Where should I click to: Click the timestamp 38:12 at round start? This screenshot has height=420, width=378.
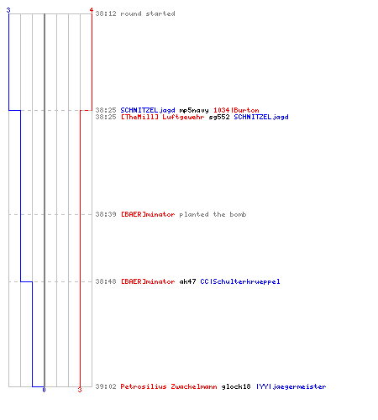coord(106,13)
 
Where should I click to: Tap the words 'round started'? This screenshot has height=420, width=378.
coord(148,13)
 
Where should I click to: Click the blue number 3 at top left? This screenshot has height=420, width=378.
coord(8,10)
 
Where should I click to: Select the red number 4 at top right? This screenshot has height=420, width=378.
coord(91,10)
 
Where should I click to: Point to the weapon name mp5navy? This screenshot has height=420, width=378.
coord(194,110)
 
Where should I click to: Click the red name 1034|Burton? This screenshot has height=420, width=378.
coord(236,110)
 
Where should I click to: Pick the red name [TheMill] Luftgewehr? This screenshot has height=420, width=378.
coord(162,117)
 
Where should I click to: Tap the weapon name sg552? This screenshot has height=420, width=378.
coord(219,117)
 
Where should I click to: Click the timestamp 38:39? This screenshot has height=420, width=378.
coord(106,214)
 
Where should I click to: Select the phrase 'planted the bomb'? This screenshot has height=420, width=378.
coord(213,214)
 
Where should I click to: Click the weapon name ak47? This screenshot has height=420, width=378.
coord(187,281)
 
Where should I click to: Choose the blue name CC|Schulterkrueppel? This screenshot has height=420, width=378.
coord(240,281)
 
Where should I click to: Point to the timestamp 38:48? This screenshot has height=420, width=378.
coord(106,281)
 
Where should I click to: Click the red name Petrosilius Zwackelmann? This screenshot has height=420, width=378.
coord(169,386)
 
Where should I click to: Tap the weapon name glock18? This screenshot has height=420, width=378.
coord(236,387)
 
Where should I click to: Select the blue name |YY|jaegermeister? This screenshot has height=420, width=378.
coord(291,387)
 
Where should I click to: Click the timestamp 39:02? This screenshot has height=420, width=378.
coord(106,386)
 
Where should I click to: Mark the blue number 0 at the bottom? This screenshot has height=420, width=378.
coord(44,390)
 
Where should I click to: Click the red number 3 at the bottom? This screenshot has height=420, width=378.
coord(80,390)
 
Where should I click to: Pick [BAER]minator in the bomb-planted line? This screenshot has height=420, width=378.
coord(148,214)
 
